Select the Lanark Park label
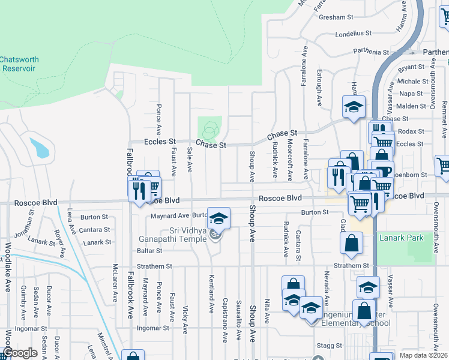401,238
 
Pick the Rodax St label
411,131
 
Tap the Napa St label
411,94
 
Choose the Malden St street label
411,106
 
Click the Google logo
20,353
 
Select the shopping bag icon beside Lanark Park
351,244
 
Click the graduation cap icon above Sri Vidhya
218,218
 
